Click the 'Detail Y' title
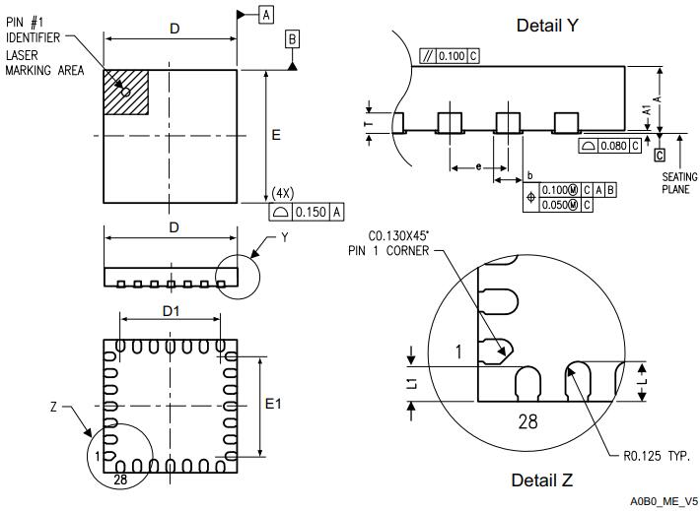pyautogui.click(x=547, y=25)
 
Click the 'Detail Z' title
pyautogui.click(x=541, y=479)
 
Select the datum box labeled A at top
pyautogui.click(x=266, y=14)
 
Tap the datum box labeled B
pyautogui.click(x=292, y=39)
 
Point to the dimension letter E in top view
pyautogui.click(x=276, y=135)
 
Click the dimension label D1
pyautogui.click(x=171, y=312)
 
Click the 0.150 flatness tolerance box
pyautogui.click(x=306, y=211)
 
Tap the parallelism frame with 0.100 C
pyautogui.click(x=449, y=56)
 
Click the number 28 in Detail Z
pyautogui.click(x=529, y=422)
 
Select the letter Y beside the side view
pyautogui.click(x=285, y=237)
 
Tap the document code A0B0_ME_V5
pyautogui.click(x=664, y=501)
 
